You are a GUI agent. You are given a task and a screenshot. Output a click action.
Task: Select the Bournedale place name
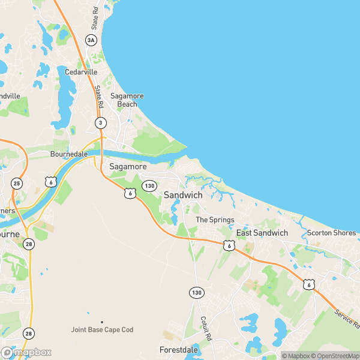point(69,154)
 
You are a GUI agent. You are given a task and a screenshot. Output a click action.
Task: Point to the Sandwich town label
point(183,196)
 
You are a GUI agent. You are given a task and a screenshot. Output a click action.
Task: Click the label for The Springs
point(215,220)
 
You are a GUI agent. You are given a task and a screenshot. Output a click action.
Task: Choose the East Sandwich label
point(262,233)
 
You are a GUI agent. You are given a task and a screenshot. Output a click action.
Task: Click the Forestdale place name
point(179,349)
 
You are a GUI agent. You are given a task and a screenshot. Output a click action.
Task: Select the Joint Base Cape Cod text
point(102,330)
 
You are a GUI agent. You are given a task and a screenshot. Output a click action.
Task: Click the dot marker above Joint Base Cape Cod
point(102,322)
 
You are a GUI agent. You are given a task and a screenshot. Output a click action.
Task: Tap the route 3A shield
point(91,40)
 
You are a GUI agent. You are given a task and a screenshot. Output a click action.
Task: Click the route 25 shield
point(17,184)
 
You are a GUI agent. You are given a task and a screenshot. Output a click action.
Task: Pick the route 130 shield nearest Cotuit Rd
point(196,292)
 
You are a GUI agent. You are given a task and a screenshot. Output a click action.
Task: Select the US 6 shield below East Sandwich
point(229,245)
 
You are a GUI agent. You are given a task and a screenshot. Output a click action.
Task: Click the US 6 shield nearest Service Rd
point(308,284)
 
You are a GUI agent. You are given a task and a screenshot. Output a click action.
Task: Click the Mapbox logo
point(26,353)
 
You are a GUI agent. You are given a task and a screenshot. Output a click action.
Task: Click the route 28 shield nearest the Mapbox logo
point(29,333)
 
